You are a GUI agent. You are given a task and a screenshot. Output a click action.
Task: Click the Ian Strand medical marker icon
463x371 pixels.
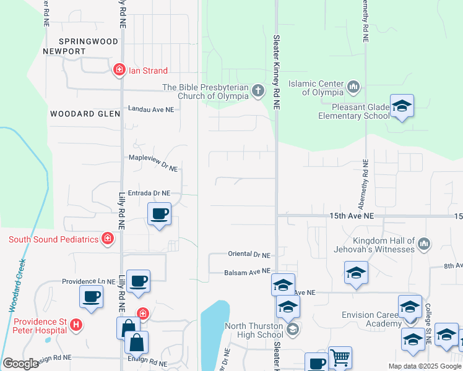(119, 70)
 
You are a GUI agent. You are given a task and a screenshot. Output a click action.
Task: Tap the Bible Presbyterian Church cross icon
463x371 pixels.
(258, 92)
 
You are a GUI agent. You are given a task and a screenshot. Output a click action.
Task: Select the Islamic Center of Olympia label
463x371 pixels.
(322, 88)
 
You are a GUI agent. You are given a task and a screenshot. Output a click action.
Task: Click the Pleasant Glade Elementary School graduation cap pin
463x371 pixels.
(402, 107)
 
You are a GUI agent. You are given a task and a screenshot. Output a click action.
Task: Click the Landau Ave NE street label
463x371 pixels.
(151, 108)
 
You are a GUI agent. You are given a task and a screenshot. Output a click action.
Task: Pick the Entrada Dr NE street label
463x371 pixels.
(149, 193)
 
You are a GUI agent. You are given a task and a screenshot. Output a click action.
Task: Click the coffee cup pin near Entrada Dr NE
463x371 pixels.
(160, 215)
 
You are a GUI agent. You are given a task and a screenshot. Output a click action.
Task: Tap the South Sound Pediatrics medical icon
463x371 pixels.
(108, 238)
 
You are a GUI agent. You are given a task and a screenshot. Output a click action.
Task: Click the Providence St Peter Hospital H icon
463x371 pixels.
(76, 324)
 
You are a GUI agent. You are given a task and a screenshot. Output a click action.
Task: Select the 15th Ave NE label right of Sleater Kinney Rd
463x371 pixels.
(352, 216)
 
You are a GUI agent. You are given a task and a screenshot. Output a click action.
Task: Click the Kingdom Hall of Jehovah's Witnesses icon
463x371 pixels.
(425, 244)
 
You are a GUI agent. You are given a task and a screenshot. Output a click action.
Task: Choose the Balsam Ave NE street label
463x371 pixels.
(247, 271)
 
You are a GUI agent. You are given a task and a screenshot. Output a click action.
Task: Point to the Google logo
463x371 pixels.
(20, 364)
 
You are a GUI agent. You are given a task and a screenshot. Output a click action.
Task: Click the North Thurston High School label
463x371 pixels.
(254, 331)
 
